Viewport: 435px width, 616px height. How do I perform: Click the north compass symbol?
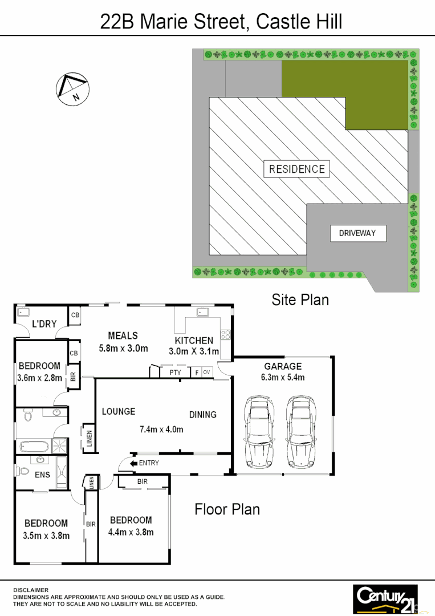coord(72,88)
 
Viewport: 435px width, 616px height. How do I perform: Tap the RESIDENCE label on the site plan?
coord(296,169)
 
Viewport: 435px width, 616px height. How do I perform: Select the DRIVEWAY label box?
coord(357,233)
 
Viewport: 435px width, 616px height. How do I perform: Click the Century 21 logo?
coord(385,598)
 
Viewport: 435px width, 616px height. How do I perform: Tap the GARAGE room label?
coord(283,366)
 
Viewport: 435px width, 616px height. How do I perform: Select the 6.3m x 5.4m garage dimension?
coord(283,377)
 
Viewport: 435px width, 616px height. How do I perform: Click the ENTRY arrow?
coord(135,463)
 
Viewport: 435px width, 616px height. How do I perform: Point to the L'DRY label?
coord(44,324)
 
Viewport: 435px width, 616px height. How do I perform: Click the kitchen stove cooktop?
coord(226,335)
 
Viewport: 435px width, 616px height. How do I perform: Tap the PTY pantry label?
coord(175,372)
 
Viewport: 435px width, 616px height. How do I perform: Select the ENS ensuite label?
coord(42,475)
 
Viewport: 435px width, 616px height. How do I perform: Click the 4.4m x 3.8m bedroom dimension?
coord(131,532)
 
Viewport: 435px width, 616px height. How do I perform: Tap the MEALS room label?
coord(123,336)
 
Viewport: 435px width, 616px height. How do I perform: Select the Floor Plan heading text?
coord(227,509)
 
